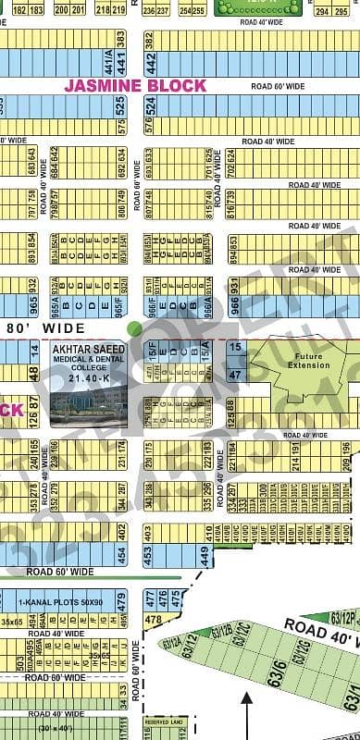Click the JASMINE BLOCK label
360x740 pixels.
pos(135,85)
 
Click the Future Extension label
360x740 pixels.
pos(306,360)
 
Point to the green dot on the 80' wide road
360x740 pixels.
pos(135,327)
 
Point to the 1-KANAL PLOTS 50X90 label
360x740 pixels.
pos(64,602)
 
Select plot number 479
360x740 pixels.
pos(120,602)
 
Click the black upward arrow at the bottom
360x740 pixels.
pos(246,712)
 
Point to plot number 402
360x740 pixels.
pos(120,531)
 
